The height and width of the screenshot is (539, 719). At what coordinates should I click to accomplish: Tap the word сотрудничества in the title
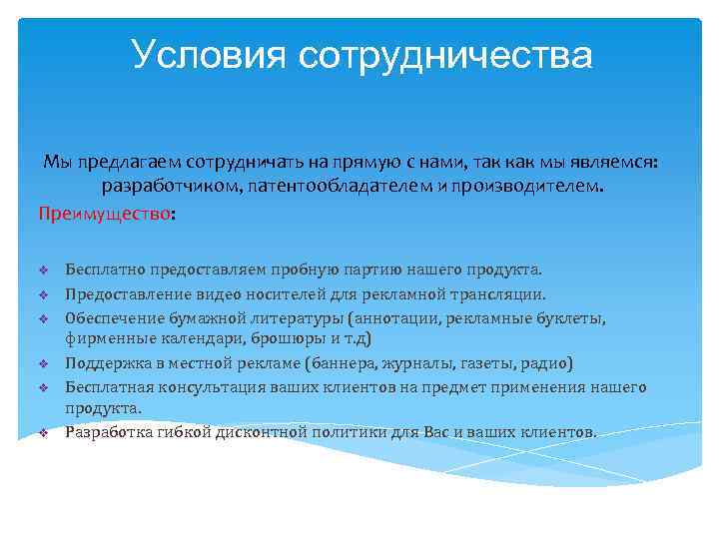[x=444, y=55]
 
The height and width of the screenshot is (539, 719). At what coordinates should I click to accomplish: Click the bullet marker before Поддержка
[x=44, y=362]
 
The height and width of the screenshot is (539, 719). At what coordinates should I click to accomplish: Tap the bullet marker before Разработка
[x=44, y=433]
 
